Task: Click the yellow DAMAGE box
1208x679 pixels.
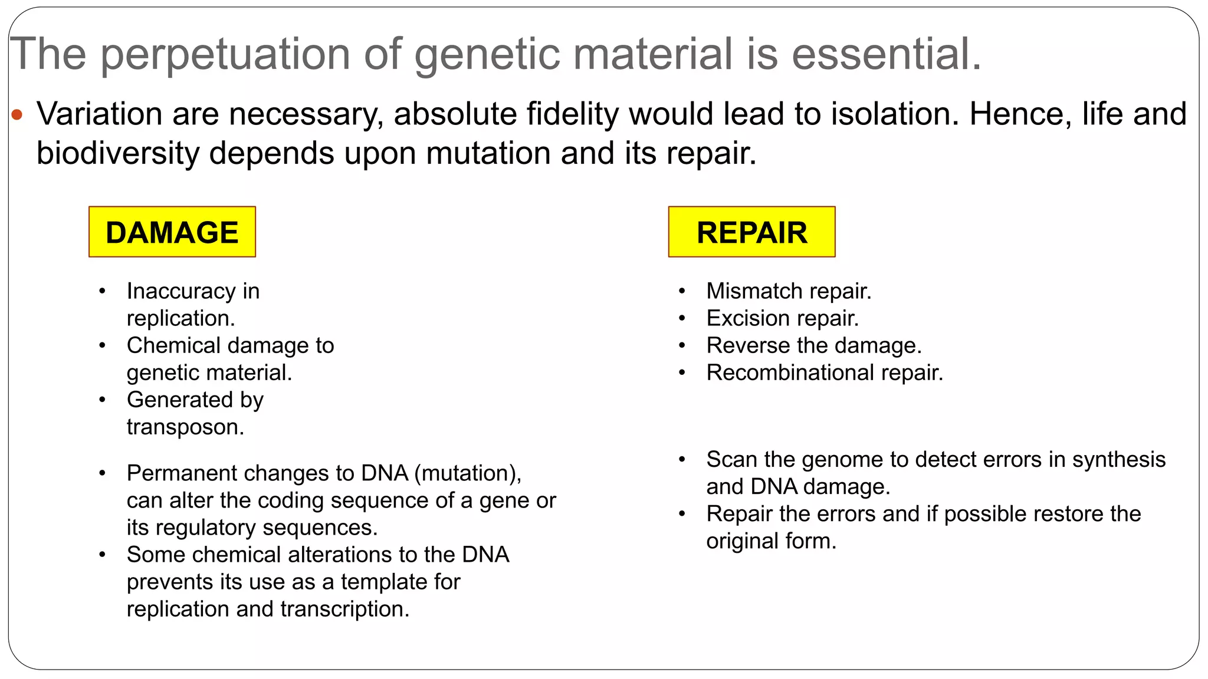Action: [x=172, y=232]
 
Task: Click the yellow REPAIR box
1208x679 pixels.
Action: [x=751, y=232]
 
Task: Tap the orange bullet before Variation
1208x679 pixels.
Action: [x=17, y=114]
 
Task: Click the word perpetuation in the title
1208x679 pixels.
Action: [x=226, y=55]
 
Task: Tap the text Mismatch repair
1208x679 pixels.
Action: [x=789, y=291]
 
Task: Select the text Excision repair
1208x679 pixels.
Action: [x=782, y=318]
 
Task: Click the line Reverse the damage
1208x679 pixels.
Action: [x=814, y=345]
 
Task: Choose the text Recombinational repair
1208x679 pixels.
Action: [x=825, y=373]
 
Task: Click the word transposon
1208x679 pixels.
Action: [x=185, y=427]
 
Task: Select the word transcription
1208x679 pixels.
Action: [x=344, y=609]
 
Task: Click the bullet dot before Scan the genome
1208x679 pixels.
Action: [x=682, y=460]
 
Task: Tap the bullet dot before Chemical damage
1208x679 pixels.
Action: [x=103, y=345]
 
